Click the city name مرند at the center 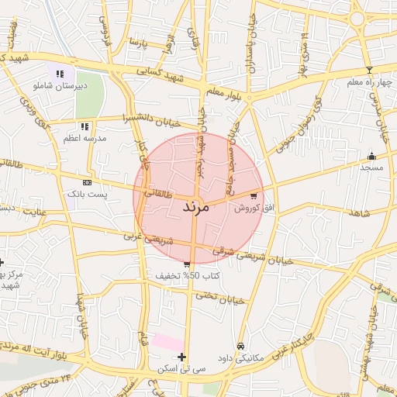pyautogui.click(x=197, y=208)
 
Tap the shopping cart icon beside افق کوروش pyautogui.click(x=254, y=195)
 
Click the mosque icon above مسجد pyautogui.click(x=371, y=155)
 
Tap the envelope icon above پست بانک pyautogui.click(x=86, y=182)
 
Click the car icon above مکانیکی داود pyautogui.click(x=240, y=345)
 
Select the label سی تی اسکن pyautogui.click(x=180, y=368)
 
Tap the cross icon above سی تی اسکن pyautogui.click(x=181, y=357)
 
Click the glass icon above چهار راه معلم pyautogui.click(x=369, y=71)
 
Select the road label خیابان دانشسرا pyautogui.click(x=151, y=120)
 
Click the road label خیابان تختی pyautogui.click(x=219, y=297)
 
